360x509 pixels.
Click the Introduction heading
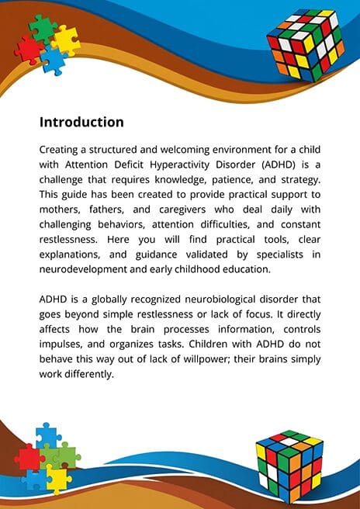81,122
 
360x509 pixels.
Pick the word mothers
60,210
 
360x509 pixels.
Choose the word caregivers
182,210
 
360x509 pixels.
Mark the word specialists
280,254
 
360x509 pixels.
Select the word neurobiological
222,300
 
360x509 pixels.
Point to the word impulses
60,345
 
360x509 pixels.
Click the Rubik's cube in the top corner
306,45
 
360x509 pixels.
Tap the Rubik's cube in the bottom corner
289,466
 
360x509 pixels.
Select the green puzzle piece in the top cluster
43,29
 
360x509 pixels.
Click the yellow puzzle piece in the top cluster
66,40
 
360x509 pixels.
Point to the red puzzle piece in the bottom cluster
28,459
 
